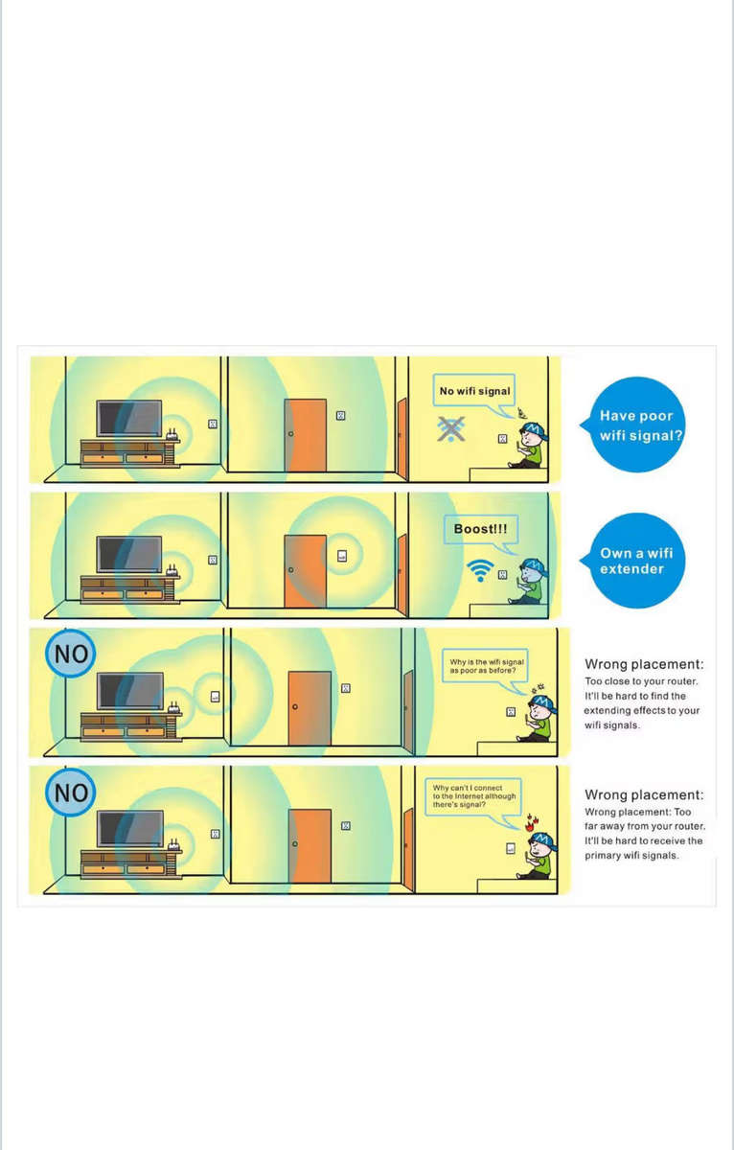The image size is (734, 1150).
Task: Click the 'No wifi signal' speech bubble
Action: tap(475, 391)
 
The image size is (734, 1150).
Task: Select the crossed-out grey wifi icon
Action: tap(449, 429)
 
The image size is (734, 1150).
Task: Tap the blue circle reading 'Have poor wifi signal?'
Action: tap(636, 425)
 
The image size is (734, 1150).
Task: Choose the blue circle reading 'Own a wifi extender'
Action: tap(636, 561)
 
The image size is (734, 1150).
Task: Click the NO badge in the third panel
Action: tap(71, 655)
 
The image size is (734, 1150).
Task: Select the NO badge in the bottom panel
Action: tap(71, 793)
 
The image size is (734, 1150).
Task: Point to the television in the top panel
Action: tap(128, 419)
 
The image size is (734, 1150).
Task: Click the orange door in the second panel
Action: tap(306, 571)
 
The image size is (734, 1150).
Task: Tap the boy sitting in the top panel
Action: tap(530, 447)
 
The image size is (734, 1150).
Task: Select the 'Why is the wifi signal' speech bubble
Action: tap(487, 667)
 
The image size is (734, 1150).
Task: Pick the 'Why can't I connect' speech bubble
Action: tap(473, 795)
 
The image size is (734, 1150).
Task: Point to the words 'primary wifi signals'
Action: tap(631, 855)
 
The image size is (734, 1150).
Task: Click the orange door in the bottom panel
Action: tap(310, 846)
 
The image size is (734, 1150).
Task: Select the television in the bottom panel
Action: tap(129, 829)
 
